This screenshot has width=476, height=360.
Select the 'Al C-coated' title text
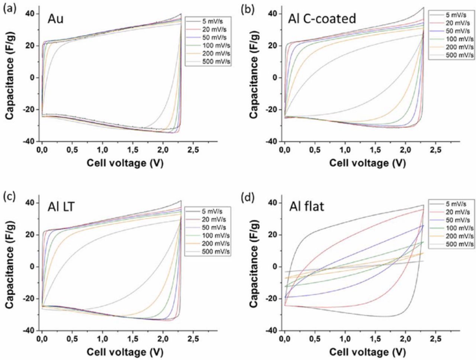coord(322,18)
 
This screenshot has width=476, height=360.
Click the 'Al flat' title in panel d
coord(307,207)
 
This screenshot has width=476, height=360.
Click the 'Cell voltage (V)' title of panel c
coord(125,351)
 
